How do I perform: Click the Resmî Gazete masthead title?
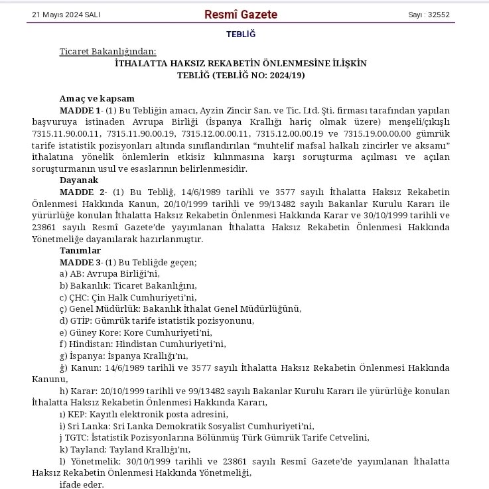(241, 15)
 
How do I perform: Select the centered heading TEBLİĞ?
(240, 34)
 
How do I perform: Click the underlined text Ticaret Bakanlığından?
(108, 51)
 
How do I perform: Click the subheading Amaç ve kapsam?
(97, 98)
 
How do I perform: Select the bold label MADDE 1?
(80, 109)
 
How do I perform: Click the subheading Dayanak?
(79, 180)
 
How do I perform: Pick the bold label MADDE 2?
(80, 192)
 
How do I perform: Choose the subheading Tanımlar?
(80, 250)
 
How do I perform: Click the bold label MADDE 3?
(80, 262)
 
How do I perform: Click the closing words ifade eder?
(82, 484)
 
